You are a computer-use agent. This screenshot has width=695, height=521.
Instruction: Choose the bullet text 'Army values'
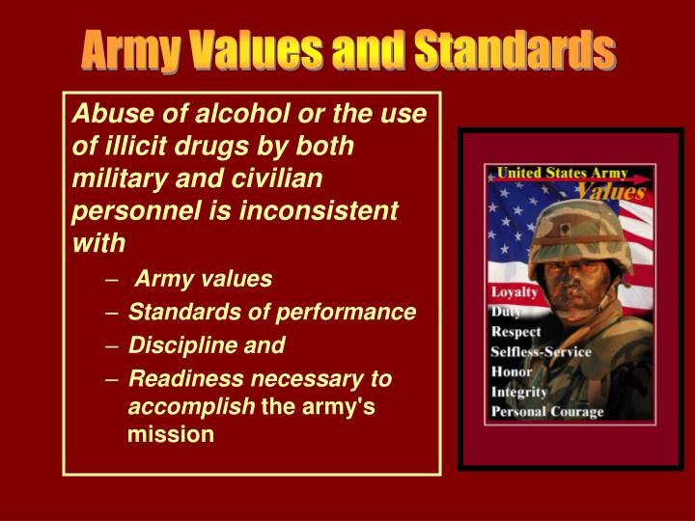[x=204, y=279]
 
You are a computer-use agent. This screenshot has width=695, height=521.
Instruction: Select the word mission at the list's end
[x=170, y=434]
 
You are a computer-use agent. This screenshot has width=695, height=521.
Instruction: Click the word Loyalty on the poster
[x=515, y=292]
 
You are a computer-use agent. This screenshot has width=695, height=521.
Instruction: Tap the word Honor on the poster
[x=512, y=371]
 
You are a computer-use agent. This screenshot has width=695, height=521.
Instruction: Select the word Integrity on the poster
[x=518, y=392]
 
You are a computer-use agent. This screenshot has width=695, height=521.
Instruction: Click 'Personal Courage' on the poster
[x=546, y=412]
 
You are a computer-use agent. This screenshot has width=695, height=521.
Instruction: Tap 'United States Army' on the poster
[x=562, y=174]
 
